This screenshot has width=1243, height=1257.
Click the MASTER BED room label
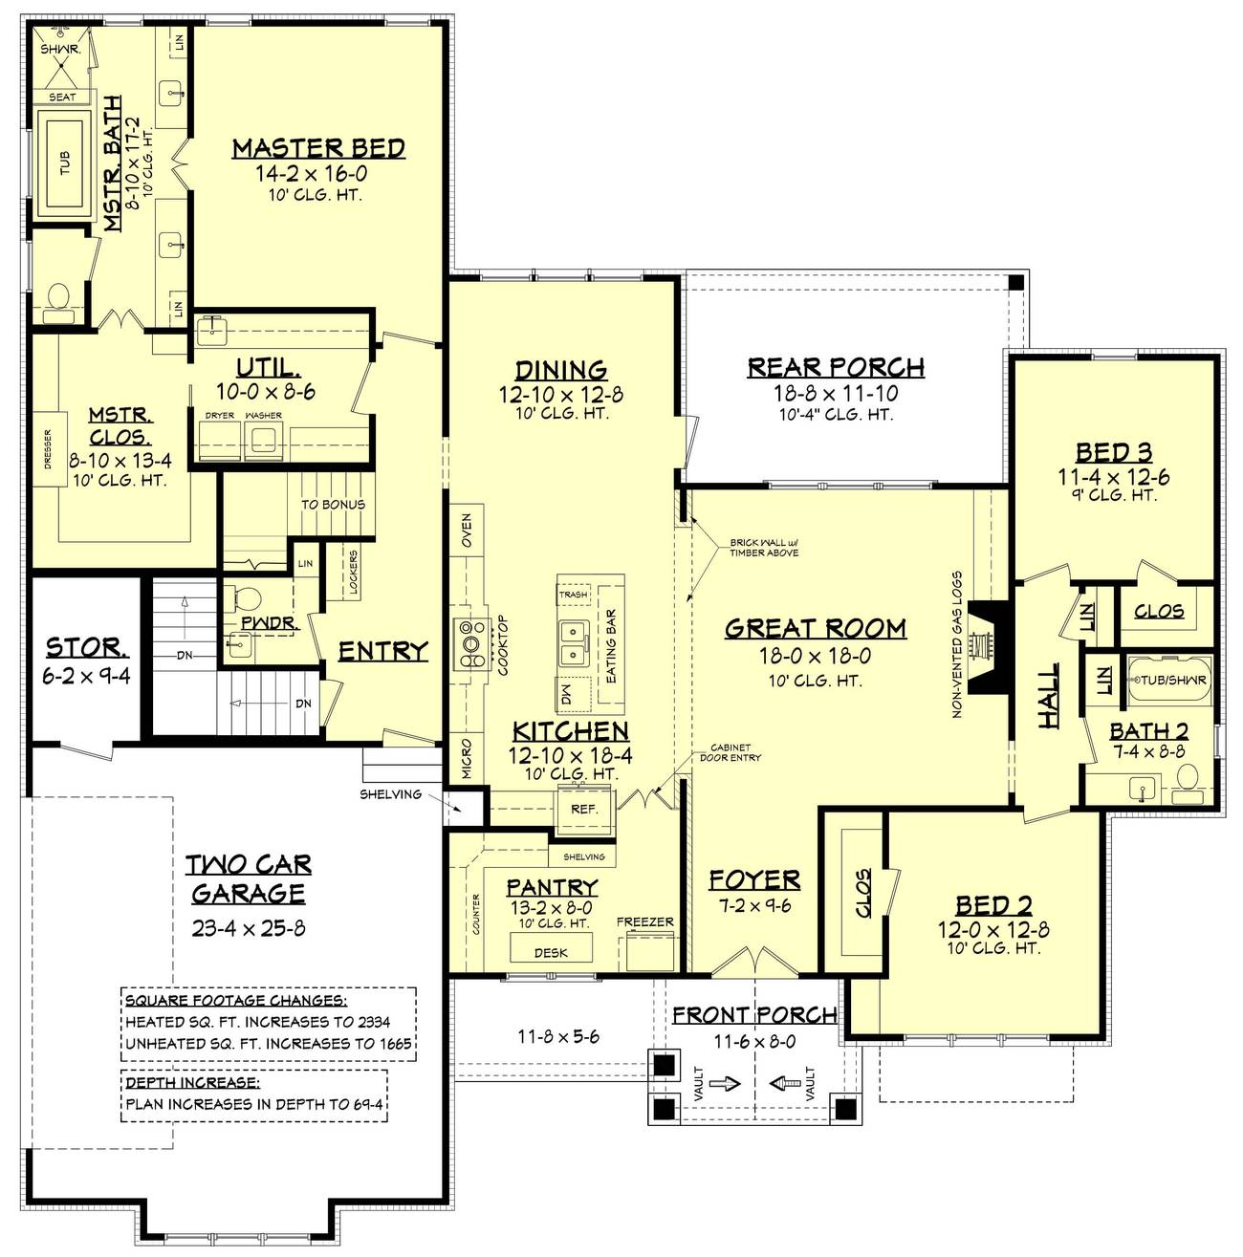[x=318, y=149]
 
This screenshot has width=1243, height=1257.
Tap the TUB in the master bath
[x=65, y=163]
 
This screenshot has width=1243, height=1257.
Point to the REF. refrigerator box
[x=584, y=810]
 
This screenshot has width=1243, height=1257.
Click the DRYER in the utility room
[x=220, y=440]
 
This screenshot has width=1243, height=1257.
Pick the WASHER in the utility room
[x=264, y=440]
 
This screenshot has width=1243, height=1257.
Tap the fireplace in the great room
[x=989, y=646]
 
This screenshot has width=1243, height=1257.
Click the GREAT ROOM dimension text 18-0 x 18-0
[x=815, y=657]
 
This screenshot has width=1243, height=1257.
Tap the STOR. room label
[x=87, y=648]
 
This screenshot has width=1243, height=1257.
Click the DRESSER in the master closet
[x=49, y=448]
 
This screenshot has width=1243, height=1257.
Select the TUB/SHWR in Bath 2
[x=1169, y=681]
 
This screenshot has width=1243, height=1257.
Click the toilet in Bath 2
[x=1188, y=784]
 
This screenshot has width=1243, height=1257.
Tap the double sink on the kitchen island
[x=573, y=642]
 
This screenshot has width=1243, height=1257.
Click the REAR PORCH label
[x=836, y=367]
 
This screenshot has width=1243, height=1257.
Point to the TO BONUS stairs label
[x=333, y=505]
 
